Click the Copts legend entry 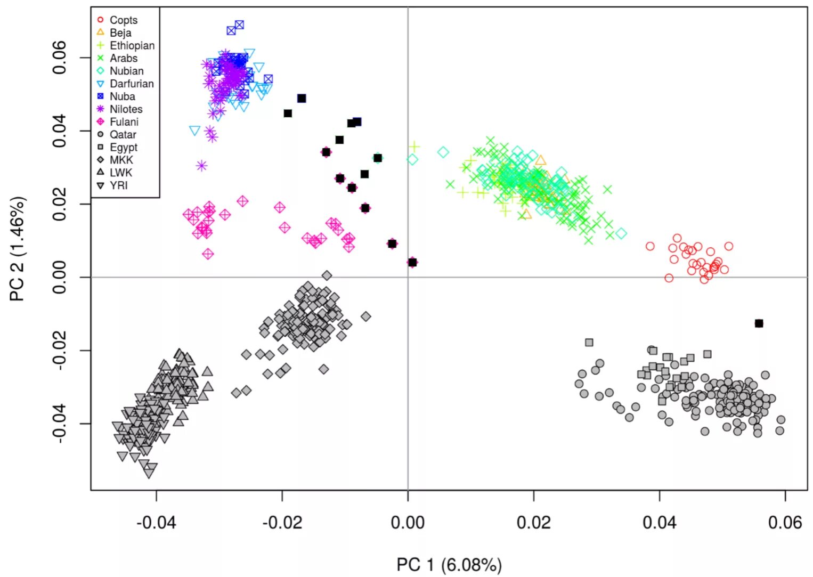[x=123, y=20]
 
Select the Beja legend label [x=120, y=33]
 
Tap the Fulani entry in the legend [x=124, y=122]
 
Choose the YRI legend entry [x=118, y=186]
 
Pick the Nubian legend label [x=126, y=71]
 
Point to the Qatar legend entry [x=123, y=135]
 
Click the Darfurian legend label [x=131, y=84]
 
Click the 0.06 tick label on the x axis [x=785, y=523]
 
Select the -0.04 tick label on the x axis [x=156, y=523]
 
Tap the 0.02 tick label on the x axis [x=533, y=523]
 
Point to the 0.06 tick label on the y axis [x=59, y=58]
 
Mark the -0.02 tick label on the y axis [x=59, y=350]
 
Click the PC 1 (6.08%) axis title [x=449, y=565]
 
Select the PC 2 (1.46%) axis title [x=17, y=249]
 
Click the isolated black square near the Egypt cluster [x=759, y=323]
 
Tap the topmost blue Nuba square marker [x=239, y=25]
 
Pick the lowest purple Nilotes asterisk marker [x=201, y=166]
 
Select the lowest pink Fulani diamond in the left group [x=208, y=254]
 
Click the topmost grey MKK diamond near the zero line [x=327, y=275]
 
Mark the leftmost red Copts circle [x=650, y=246]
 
